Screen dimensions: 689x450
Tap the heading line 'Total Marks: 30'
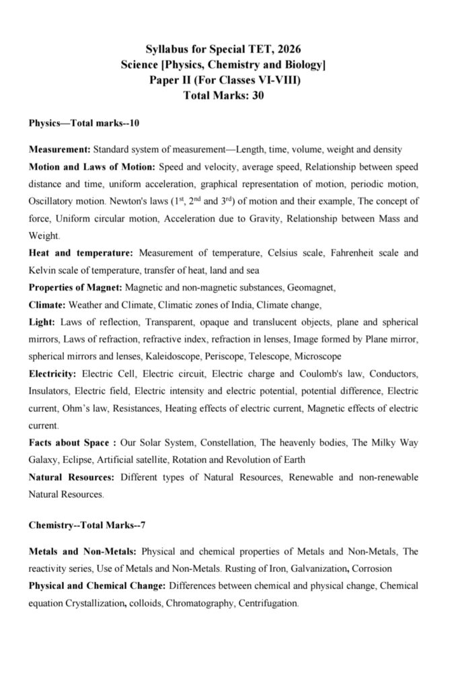coord(224,96)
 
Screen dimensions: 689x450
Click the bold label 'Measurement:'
coord(60,149)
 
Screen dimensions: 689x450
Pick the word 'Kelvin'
coord(44,270)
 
